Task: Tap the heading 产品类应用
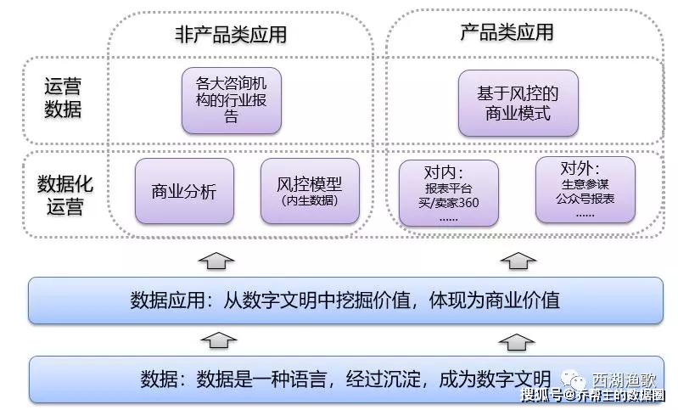pos(507,33)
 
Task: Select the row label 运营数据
pos(63,98)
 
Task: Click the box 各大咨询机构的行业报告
pos(232,100)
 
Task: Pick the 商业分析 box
pos(184,192)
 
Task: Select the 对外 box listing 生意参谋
pos(586,189)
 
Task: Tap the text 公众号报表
pos(586,198)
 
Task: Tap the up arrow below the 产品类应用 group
pos(513,259)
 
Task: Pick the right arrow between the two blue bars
pos(513,340)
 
